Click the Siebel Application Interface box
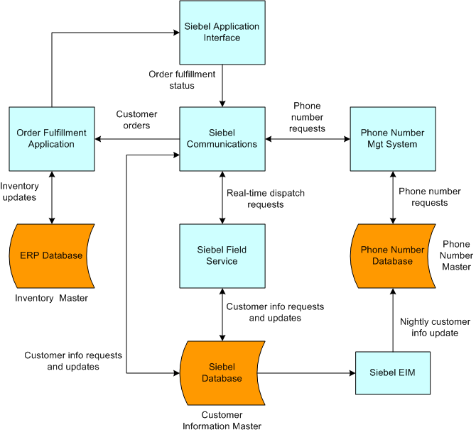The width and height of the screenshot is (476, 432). [222, 33]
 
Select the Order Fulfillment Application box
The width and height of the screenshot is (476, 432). [51, 138]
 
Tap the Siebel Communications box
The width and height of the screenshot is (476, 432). [222, 138]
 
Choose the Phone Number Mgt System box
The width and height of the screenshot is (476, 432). [392, 138]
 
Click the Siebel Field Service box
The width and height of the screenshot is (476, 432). [222, 255]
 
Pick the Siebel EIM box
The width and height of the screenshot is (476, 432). [392, 372]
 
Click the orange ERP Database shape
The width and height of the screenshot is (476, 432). [51, 255]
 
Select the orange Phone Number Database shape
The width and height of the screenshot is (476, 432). [392, 255]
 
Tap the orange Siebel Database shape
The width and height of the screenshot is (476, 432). [222, 372]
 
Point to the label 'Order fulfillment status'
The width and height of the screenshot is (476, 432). [182, 79]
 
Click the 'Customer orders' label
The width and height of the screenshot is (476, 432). [136, 120]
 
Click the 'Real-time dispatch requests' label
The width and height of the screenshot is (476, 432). [255, 199]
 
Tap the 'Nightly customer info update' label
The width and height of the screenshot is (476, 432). [434, 327]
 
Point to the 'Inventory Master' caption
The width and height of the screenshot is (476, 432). [52, 298]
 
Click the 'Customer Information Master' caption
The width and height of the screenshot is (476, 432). [222, 420]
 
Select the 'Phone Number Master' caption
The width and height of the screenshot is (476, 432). [456, 255]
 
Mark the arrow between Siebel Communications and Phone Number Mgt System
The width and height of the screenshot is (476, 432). [308, 138]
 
